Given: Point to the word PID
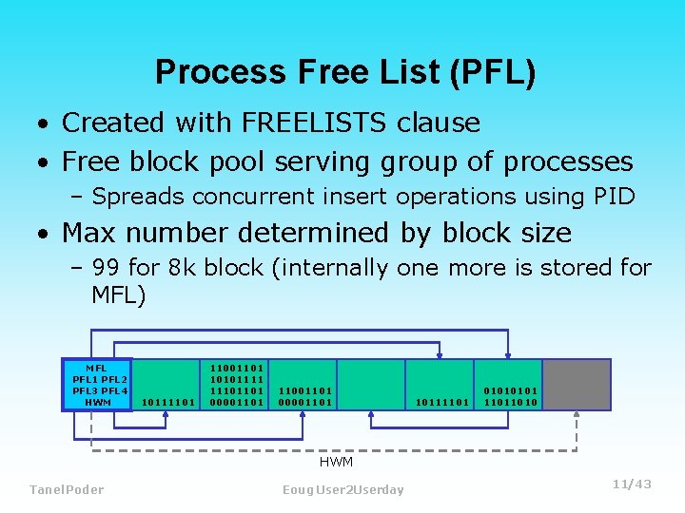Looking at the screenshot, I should click(x=611, y=197).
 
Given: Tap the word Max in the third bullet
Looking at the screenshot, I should click(x=93, y=233).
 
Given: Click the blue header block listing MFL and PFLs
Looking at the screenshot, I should click(x=97, y=385).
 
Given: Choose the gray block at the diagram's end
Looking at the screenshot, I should click(x=577, y=385).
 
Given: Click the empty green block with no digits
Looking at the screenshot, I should click(x=371, y=385).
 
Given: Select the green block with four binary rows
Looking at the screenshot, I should click(x=236, y=385).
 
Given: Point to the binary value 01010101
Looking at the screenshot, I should click(x=510, y=390).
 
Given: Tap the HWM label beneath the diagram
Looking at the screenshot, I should click(x=336, y=462).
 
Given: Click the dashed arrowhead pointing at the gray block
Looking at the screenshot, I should click(x=577, y=416).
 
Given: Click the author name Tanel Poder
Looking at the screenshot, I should click(x=67, y=489).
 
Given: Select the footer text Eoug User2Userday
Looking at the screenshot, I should click(x=343, y=489).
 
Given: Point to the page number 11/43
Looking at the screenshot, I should click(x=632, y=484).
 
